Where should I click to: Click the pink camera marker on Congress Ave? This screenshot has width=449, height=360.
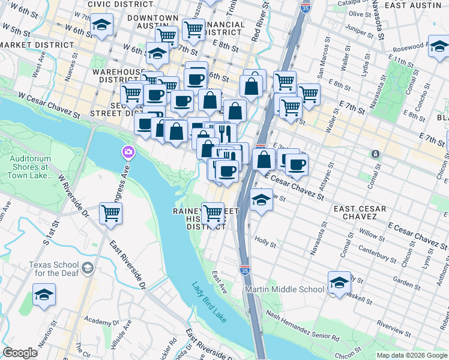[x=127, y=152]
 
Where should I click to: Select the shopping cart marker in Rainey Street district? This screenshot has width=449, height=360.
[x=212, y=212]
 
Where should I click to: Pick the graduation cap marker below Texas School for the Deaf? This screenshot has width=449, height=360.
[x=44, y=295]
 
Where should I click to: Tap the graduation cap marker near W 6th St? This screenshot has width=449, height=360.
[x=102, y=25]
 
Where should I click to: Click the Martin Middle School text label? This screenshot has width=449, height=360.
[x=285, y=289]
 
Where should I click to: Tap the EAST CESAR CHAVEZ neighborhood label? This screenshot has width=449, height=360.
[x=360, y=214]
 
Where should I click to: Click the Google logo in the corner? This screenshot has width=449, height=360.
[x=20, y=353]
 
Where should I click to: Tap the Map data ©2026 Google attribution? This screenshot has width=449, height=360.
[x=412, y=355]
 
